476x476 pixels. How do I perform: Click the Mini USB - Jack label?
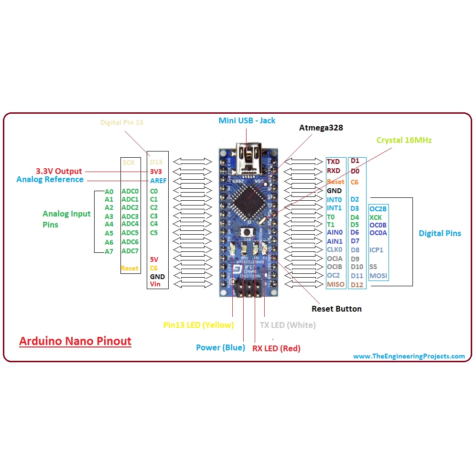[x=247, y=120]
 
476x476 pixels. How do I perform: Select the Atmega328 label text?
[x=321, y=128]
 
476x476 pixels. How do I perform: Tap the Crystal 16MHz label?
[x=404, y=141]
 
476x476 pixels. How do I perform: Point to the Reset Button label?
[x=336, y=309]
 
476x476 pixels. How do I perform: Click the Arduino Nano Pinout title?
[x=75, y=341]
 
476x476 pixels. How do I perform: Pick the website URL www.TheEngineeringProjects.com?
[x=409, y=356]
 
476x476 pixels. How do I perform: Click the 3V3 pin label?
[x=156, y=171]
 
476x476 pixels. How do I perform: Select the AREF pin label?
[x=158, y=181]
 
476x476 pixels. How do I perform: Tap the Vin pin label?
[x=155, y=284]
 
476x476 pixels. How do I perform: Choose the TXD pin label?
[x=333, y=162]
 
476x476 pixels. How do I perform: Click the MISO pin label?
[x=335, y=284]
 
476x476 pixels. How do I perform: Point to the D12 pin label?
[x=357, y=285]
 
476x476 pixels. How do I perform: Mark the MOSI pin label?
[x=378, y=276]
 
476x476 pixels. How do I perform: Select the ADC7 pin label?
[x=130, y=251]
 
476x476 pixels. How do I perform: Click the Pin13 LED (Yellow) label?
[x=198, y=325]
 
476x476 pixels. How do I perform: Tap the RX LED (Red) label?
[x=276, y=348]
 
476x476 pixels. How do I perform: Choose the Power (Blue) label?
[x=220, y=347]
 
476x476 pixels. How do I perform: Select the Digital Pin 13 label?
[x=121, y=122]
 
